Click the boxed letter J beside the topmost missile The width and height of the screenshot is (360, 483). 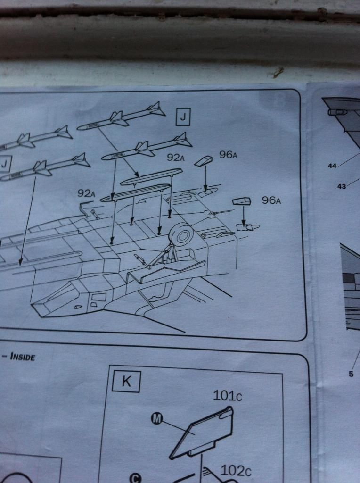[183, 117]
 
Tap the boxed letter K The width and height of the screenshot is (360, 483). [126, 381]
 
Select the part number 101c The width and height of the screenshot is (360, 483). [228, 396]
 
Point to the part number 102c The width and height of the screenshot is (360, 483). [236, 471]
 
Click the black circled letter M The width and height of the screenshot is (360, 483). [157, 418]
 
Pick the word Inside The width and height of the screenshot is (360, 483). [23, 357]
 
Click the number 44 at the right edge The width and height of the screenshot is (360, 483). [332, 166]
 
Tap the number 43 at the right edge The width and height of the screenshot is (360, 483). [342, 186]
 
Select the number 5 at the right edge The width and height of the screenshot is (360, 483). [351, 374]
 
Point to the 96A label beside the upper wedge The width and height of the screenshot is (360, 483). [228, 155]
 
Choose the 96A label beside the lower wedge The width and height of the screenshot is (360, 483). [271, 200]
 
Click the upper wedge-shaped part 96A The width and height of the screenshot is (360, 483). [204, 161]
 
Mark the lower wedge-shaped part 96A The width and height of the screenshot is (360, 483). [242, 201]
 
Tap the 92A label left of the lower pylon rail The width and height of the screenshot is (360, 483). [86, 193]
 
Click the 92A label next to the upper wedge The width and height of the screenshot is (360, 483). [176, 158]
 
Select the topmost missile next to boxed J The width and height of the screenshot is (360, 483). [121, 117]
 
